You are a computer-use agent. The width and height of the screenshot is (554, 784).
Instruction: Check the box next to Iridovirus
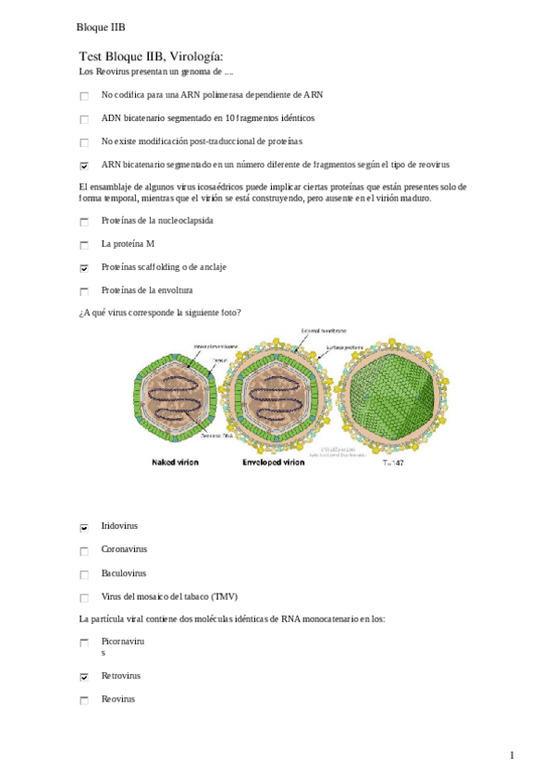click(x=84, y=528)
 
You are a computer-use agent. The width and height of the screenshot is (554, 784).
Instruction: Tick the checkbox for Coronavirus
click(x=84, y=551)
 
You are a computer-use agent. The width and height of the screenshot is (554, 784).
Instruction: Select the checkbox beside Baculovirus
click(x=84, y=574)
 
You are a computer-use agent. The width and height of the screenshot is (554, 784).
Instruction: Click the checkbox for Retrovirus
click(x=84, y=678)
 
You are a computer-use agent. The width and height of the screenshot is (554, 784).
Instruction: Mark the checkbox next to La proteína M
click(x=84, y=245)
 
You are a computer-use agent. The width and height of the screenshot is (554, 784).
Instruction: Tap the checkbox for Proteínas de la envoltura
click(x=84, y=291)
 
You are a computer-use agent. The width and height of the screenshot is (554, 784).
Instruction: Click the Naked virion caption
click(x=174, y=461)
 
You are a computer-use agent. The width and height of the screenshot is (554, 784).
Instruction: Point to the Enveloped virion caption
click(x=273, y=461)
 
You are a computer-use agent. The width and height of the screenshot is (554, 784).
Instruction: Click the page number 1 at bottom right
click(x=511, y=755)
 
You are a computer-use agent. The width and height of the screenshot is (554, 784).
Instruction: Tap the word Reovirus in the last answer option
click(x=118, y=699)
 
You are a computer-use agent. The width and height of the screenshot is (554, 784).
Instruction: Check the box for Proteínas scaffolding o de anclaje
click(x=84, y=268)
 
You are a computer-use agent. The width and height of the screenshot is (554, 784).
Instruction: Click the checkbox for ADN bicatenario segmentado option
click(x=84, y=119)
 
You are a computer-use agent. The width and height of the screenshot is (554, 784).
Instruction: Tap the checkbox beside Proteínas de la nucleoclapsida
click(x=84, y=222)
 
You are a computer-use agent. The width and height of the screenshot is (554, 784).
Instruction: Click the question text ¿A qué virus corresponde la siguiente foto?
click(x=161, y=312)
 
